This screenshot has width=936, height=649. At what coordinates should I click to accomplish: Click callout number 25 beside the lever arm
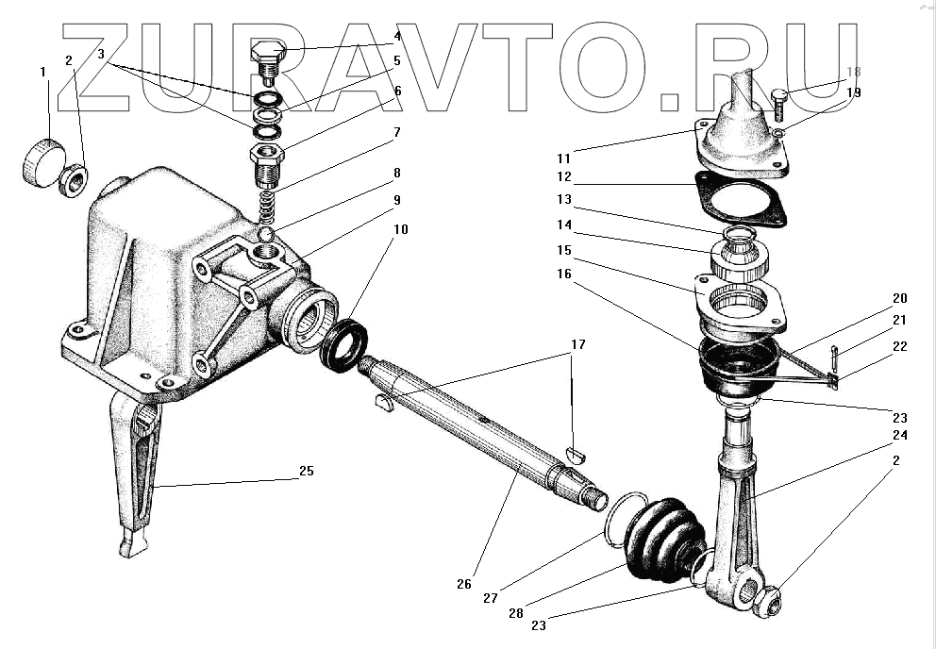307,471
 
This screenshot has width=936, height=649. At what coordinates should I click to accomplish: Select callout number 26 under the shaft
462,584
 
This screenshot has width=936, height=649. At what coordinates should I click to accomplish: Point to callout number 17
578,345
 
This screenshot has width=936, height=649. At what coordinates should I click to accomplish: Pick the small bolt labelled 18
779,99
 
